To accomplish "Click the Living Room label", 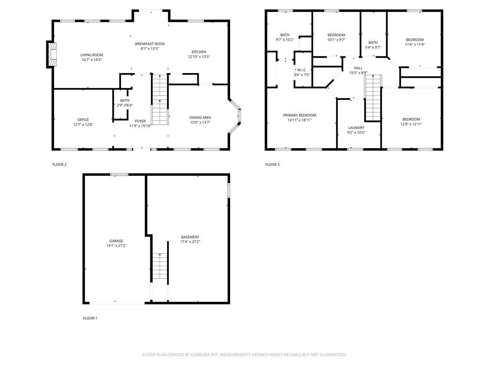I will click(x=91, y=55).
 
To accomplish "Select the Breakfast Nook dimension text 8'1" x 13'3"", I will click(x=149, y=48).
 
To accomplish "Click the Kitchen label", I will click(x=199, y=52).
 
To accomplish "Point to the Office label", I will click(x=83, y=120).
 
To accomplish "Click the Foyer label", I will click(x=140, y=121).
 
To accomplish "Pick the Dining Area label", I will click(x=200, y=118).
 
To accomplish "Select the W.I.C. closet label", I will click(x=302, y=70).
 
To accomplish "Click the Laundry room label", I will click(x=356, y=128).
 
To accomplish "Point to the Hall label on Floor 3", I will click(x=358, y=68).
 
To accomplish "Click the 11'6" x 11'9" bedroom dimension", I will click(x=415, y=44).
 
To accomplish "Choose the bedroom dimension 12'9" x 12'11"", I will click(x=411, y=124).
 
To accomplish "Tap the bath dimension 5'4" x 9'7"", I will click(x=372, y=47).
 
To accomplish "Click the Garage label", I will click(x=116, y=241).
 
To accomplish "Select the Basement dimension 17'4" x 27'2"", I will click(x=190, y=242).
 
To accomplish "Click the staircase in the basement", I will click(x=160, y=268).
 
